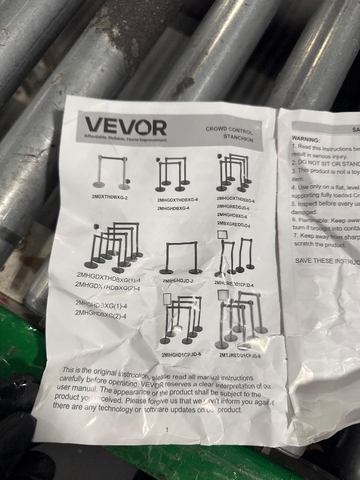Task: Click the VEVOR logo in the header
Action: tap(125, 126)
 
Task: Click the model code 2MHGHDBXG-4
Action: tap(173, 208)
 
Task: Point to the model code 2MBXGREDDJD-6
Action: tap(232, 224)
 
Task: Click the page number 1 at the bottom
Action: tap(167, 430)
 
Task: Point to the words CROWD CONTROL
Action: tap(229, 129)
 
